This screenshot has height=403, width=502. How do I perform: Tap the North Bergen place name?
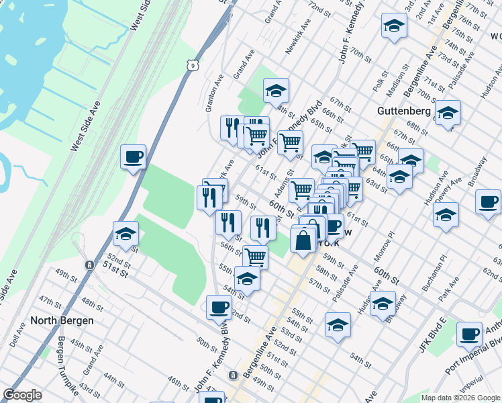point(62,320)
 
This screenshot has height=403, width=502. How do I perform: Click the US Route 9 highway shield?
point(193,64)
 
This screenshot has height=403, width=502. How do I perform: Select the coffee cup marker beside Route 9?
point(133,157)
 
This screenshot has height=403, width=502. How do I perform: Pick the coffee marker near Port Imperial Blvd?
point(469,334)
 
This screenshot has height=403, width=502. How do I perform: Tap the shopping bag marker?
point(303,240)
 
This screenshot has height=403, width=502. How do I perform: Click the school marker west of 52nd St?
point(125,234)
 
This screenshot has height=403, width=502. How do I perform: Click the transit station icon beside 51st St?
point(89,265)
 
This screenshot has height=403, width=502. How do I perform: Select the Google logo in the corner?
point(23,395)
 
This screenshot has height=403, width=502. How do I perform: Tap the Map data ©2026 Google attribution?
point(460,398)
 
